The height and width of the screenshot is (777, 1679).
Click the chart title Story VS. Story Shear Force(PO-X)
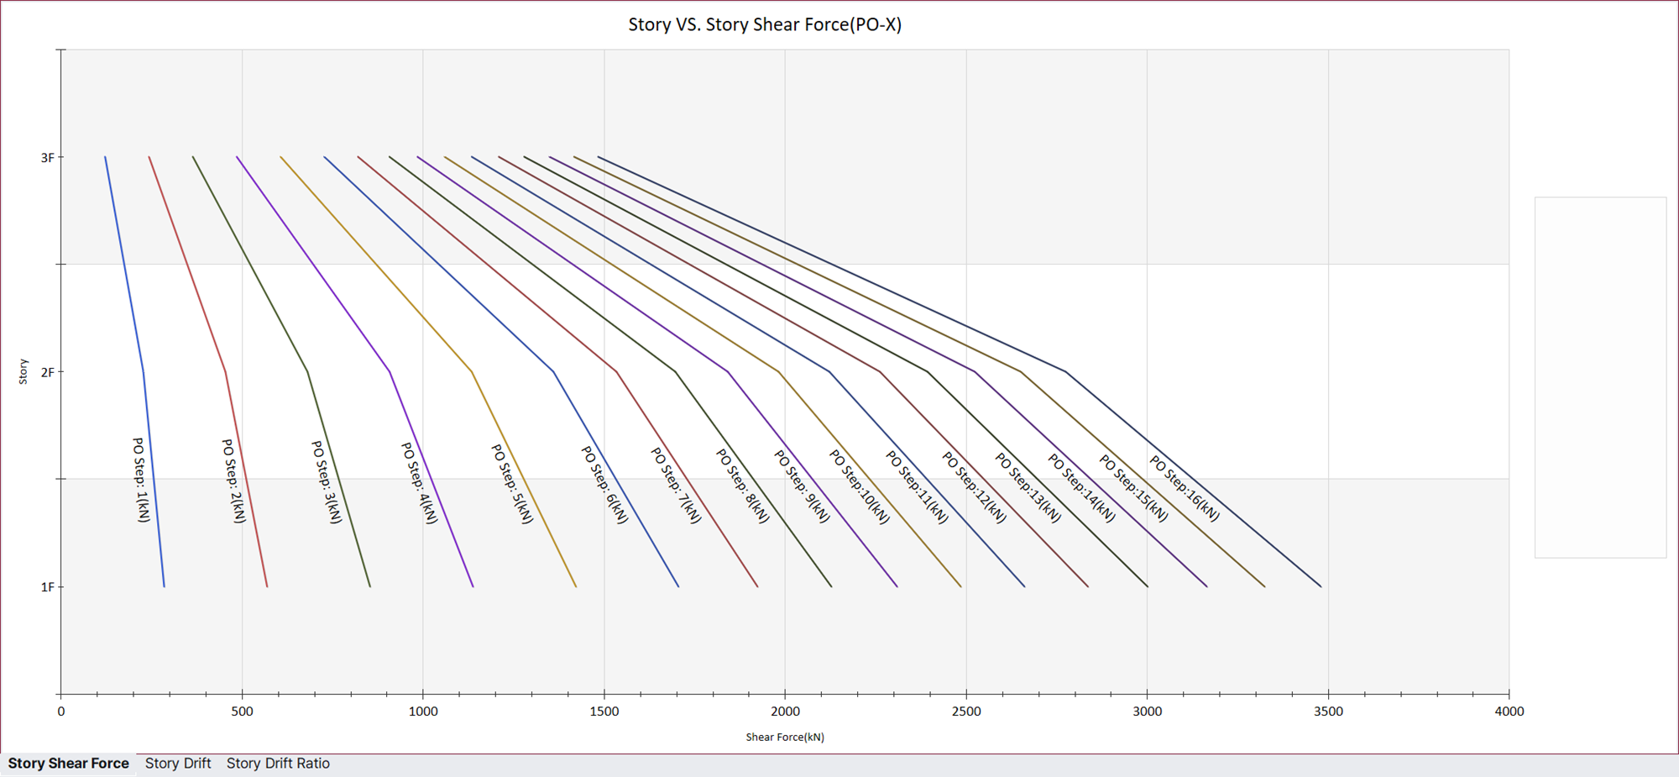[x=765, y=24]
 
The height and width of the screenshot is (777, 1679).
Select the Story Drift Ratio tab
[x=278, y=764]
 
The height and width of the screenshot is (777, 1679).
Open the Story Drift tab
[x=178, y=764]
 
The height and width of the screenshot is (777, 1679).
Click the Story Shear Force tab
[x=68, y=764]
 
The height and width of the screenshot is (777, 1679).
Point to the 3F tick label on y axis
[x=47, y=158]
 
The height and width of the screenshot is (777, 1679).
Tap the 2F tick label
[x=47, y=372]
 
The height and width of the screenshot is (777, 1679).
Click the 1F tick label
[x=47, y=587]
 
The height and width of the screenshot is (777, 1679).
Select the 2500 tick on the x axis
[x=966, y=711]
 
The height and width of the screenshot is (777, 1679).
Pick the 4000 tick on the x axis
[x=1509, y=711]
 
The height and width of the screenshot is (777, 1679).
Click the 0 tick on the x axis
[x=61, y=711]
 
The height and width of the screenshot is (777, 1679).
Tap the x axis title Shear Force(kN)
[x=785, y=738]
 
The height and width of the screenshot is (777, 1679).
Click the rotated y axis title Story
[x=24, y=371]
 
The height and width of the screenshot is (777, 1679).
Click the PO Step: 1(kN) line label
[x=141, y=480]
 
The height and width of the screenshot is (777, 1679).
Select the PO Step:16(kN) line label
[x=1185, y=488]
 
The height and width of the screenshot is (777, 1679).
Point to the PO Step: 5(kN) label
[x=512, y=484]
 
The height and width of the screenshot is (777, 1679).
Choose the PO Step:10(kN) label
[x=860, y=486]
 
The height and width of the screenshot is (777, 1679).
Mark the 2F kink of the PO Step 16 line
[x=1065, y=371]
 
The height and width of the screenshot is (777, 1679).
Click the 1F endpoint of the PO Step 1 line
[x=164, y=586]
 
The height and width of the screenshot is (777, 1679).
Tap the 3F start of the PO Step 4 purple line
[x=238, y=157]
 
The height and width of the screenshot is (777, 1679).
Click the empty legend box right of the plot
[x=1600, y=377]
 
